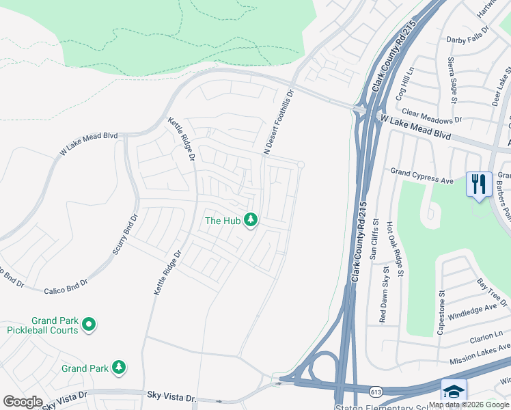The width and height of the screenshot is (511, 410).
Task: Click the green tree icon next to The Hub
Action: point(251,219)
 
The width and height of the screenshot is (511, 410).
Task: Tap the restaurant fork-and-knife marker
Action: point(479,184)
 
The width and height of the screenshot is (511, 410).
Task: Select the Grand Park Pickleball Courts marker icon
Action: point(88,325)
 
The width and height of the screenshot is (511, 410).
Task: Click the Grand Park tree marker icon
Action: point(120,368)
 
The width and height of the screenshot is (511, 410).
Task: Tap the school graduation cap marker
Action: point(454,392)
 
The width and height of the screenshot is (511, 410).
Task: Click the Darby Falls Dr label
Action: point(468,36)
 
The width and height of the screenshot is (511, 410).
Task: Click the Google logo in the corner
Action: point(23,401)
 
